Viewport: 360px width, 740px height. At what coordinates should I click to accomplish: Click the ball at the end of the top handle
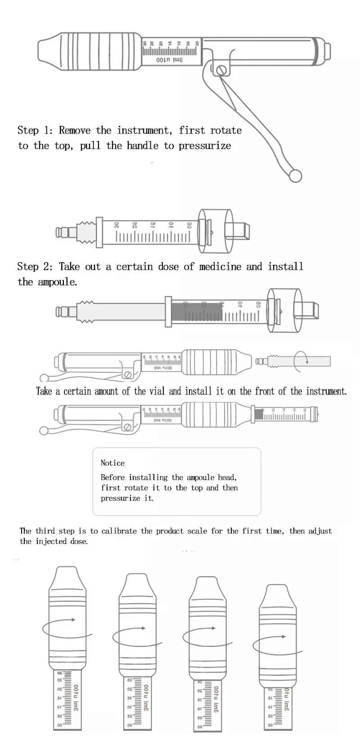click(295, 176)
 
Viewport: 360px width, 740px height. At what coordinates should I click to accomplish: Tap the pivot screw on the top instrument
click(221, 70)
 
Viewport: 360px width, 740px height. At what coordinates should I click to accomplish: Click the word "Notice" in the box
click(112, 463)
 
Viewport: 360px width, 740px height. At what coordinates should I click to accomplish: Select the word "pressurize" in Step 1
click(205, 146)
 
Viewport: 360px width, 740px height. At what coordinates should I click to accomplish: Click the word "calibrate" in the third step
click(119, 531)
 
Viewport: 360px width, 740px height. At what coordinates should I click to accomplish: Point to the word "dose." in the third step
click(79, 541)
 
